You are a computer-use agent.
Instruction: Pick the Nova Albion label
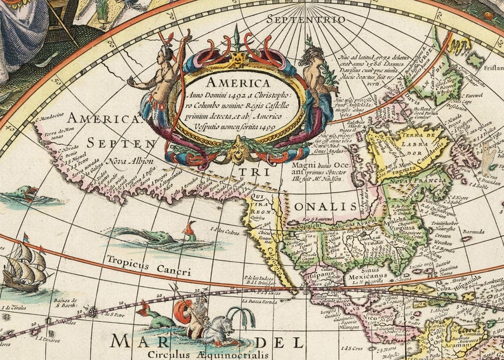[x=131, y=160]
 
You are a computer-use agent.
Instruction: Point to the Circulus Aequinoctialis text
[x=190, y=355]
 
